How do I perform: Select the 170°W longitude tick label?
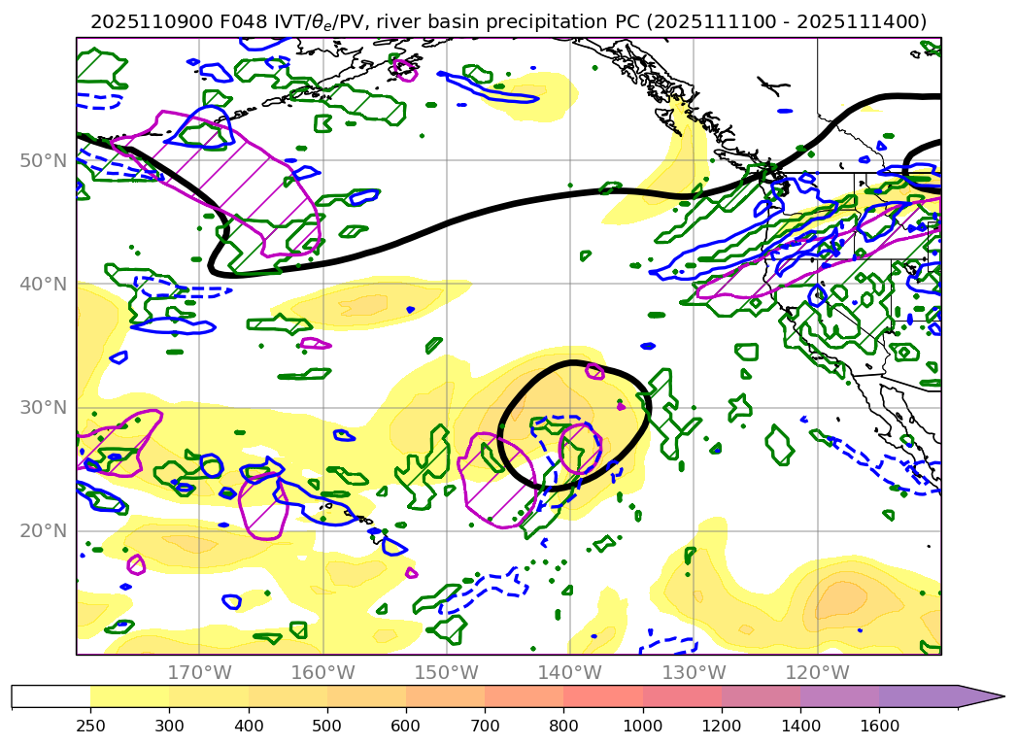199,672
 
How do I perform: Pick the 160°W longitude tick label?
322,672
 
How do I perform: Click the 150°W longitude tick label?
446,672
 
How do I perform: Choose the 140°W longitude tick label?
569,672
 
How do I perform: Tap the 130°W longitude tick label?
693,672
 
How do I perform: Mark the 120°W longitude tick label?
816,672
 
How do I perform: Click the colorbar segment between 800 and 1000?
603,696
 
